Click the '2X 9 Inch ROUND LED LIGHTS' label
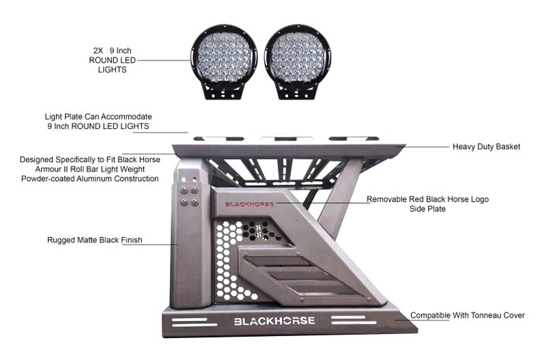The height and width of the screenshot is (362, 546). tap(112, 60)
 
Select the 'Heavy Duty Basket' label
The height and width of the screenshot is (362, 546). tap(486, 147)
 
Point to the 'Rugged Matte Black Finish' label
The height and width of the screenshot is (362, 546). tap(95, 240)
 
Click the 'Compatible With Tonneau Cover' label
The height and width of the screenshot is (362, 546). tap(468, 316)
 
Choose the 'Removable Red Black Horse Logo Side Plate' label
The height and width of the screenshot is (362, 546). tap(428, 204)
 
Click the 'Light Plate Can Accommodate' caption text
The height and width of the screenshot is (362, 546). tap(98, 116)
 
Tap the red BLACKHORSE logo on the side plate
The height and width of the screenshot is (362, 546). tap(249, 204)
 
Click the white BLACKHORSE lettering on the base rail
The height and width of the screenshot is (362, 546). tap(274, 321)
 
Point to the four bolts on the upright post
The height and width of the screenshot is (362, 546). tap(189, 196)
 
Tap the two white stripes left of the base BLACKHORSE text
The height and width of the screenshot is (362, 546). tap(195, 322)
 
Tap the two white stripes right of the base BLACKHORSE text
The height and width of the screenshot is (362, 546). tap(354, 320)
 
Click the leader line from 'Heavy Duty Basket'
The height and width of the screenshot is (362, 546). tap(428, 147)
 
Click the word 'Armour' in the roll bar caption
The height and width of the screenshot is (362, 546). tap(48, 169)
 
